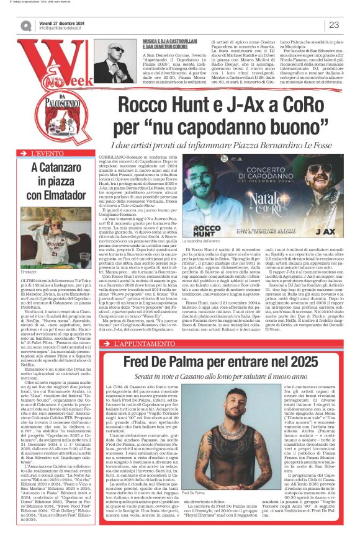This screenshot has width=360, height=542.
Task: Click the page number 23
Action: pyautogui.click(x=334, y=25)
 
